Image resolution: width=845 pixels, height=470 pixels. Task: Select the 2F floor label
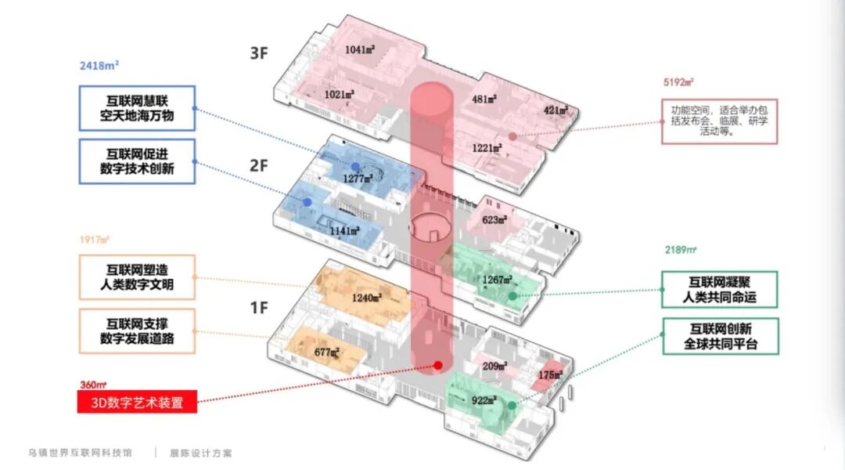click(259, 166)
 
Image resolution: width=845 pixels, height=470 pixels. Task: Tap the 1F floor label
click(259, 307)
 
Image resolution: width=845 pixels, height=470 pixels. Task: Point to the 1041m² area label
click(360, 49)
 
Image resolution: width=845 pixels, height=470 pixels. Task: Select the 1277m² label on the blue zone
click(357, 179)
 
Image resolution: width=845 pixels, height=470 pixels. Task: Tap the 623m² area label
click(495, 220)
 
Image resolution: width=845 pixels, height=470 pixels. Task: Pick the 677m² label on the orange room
click(326, 352)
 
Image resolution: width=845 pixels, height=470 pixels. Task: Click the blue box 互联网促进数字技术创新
click(137, 161)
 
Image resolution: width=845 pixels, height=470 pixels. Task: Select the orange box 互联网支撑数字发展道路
click(137, 331)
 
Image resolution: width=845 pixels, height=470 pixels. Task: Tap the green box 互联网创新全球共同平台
click(720, 336)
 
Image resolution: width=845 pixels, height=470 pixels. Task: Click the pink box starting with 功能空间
click(719, 121)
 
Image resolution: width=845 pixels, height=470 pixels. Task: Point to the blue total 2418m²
click(99, 66)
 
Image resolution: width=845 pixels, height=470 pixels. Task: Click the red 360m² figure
click(92, 385)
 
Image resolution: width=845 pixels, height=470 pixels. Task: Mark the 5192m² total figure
click(678, 81)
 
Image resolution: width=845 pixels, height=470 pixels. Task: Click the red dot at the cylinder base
click(438, 365)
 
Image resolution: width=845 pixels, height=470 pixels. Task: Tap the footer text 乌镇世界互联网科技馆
click(80, 453)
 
